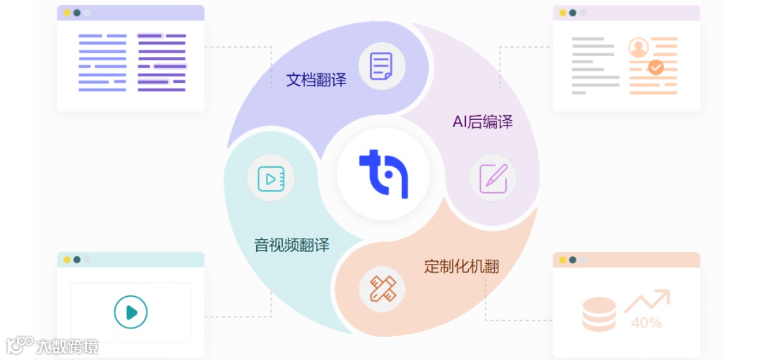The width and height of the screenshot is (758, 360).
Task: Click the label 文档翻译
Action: tap(316, 80)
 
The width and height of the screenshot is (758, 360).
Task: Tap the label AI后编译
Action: tap(482, 122)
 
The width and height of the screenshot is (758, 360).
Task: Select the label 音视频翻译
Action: tap(291, 246)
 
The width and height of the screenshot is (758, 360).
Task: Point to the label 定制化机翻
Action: tap(461, 267)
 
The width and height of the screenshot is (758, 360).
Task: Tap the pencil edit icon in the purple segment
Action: tap(493, 178)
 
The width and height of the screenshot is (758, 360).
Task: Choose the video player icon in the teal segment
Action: tap(271, 178)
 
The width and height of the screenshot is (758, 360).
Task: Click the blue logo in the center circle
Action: tap(383, 173)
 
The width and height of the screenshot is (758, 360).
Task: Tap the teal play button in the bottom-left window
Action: tap(131, 312)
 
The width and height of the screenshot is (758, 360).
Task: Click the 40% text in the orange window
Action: tap(646, 324)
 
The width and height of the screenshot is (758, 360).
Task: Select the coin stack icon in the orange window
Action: tap(599, 314)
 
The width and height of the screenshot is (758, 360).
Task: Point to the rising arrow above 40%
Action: tap(647, 300)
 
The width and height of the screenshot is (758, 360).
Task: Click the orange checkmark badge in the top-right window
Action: tap(656, 67)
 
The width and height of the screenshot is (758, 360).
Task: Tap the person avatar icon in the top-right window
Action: tap(639, 48)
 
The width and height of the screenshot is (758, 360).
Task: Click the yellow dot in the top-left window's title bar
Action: tap(67, 13)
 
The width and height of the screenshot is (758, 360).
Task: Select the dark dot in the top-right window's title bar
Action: tap(573, 13)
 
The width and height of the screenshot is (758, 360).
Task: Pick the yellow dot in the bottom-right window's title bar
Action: tap(563, 260)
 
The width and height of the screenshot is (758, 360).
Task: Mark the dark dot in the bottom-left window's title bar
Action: tap(77, 260)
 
